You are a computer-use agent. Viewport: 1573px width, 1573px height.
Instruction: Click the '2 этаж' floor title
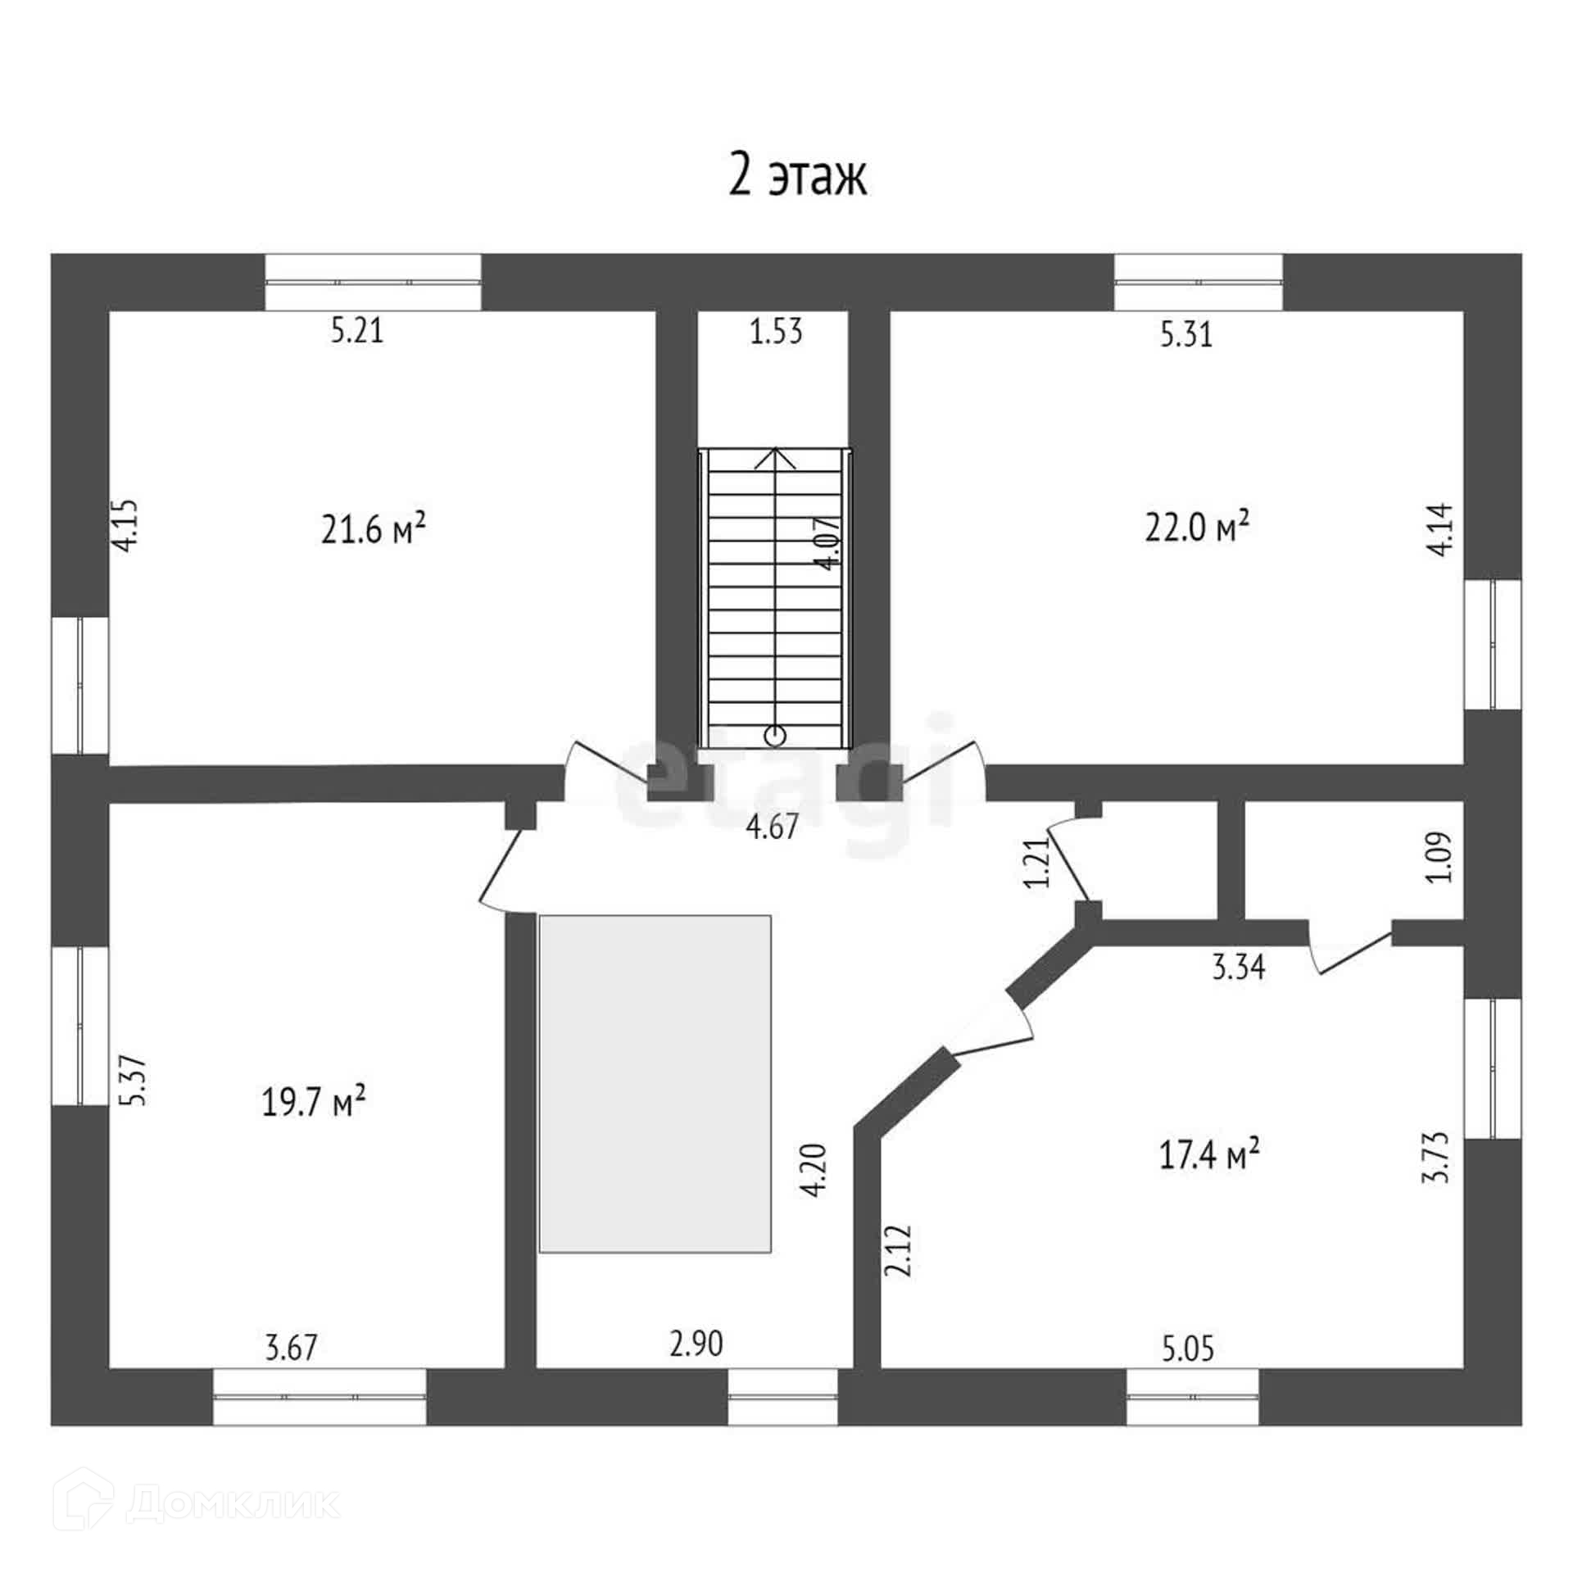click(797, 176)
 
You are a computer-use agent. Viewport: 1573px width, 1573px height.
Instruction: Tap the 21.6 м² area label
click(373, 529)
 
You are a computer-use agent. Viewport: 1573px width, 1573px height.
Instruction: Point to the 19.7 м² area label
click(313, 1102)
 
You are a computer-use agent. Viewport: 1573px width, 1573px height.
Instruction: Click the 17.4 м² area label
click(1209, 1156)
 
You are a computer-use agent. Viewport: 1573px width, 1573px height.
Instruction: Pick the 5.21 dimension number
click(357, 331)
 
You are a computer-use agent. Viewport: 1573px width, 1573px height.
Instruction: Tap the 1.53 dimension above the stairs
click(776, 332)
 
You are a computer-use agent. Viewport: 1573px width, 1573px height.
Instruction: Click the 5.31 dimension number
click(1186, 334)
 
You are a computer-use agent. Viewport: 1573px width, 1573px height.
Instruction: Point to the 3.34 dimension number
click(1239, 968)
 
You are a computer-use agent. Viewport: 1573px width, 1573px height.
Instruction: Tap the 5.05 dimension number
click(1188, 1348)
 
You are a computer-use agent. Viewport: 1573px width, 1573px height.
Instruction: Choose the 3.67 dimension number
click(291, 1347)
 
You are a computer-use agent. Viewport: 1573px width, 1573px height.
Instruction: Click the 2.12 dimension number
click(898, 1251)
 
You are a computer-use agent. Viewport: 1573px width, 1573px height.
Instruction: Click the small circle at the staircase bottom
click(774, 736)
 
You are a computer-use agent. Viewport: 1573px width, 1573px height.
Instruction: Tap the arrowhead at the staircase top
click(774, 457)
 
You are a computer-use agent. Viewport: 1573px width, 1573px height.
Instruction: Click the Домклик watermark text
click(233, 1503)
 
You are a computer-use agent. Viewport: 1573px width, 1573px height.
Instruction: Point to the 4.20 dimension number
click(816, 1171)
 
